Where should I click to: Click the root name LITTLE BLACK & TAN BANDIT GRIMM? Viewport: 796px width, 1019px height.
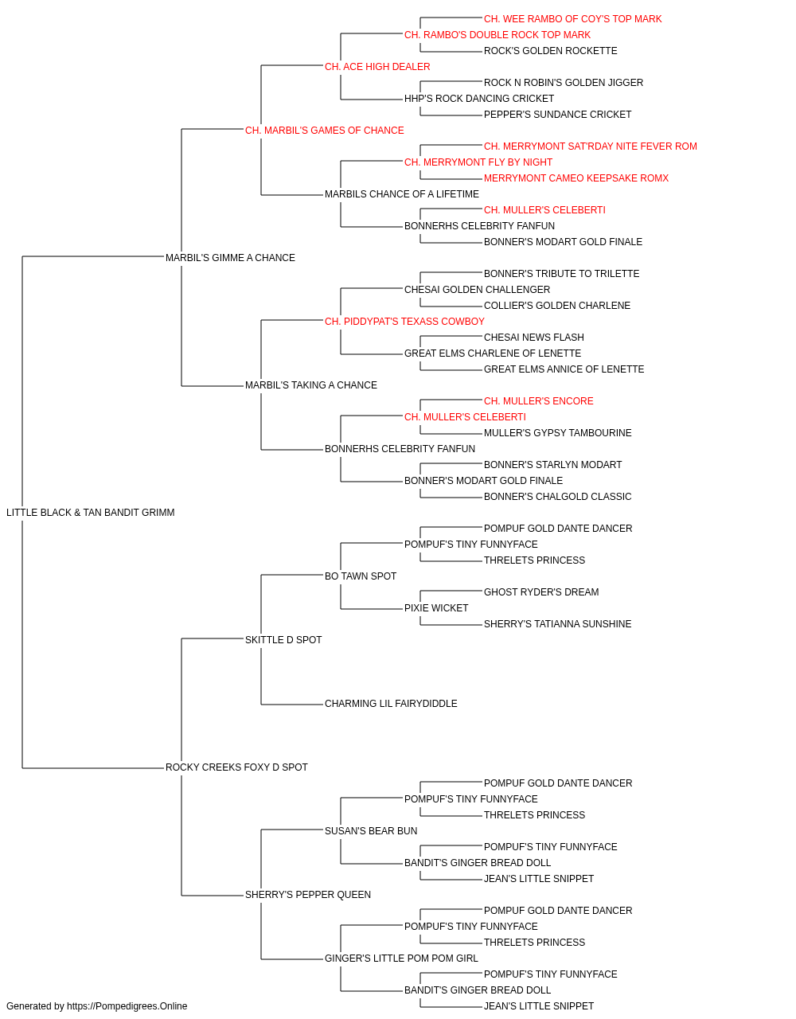pos(91,513)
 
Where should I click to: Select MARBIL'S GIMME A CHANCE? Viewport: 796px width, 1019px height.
pos(230,258)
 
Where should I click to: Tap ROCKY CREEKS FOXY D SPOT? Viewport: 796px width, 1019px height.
pos(236,767)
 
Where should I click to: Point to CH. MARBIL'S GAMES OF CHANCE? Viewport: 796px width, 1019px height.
pos(325,131)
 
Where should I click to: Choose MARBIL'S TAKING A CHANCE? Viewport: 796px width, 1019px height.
pos(310,385)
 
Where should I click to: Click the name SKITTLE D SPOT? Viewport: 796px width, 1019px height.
pos(283,640)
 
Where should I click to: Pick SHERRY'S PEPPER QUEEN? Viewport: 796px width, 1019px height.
pos(307,895)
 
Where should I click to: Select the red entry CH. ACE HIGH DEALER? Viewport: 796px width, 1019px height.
pos(377,67)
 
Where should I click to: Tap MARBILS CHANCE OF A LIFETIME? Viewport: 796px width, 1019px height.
pos(402,194)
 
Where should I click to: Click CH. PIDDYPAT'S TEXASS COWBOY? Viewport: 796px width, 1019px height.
pos(404,321)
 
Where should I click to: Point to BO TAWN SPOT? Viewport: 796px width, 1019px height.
pos(361,576)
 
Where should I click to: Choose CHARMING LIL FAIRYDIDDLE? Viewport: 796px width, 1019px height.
pos(391,704)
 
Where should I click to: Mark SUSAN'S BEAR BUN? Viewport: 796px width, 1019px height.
pos(371,831)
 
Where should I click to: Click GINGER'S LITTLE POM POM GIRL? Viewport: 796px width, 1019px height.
pos(401,958)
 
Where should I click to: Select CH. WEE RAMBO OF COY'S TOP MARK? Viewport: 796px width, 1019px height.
pos(572,19)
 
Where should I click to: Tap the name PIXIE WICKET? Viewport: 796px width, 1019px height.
pos(436,608)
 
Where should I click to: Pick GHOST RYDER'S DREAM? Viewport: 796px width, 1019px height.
pos(541,592)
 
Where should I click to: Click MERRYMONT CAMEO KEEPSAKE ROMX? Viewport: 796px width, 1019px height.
pos(576,178)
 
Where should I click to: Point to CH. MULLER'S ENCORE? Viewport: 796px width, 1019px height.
pos(539,401)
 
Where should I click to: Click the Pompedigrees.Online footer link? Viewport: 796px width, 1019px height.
pos(127,1006)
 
